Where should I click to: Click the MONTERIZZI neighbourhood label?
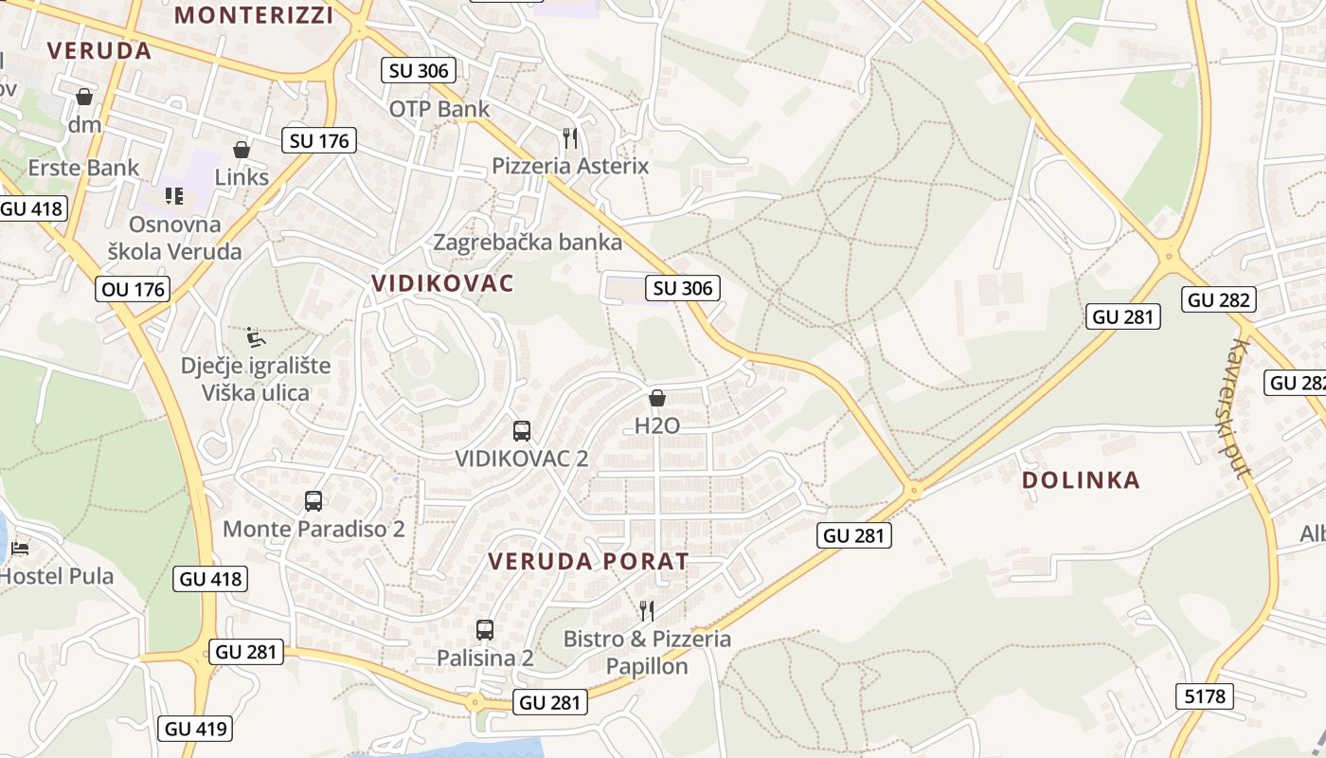pyautogui.click(x=255, y=15)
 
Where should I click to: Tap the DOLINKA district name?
pyautogui.click(x=1081, y=480)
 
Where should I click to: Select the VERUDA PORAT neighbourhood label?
pyautogui.click(x=588, y=561)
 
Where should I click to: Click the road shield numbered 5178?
pyautogui.click(x=1205, y=696)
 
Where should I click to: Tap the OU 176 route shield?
pyautogui.click(x=132, y=289)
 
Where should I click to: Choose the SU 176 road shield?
pyautogui.click(x=319, y=141)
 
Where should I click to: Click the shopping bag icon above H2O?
pyautogui.click(x=657, y=398)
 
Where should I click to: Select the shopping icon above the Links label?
pyautogui.click(x=242, y=150)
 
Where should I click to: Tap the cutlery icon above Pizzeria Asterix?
pyautogui.click(x=569, y=138)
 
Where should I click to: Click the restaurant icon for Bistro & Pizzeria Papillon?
pyautogui.click(x=647, y=610)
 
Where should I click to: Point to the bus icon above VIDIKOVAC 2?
pyautogui.click(x=521, y=431)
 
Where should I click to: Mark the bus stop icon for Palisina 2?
pyautogui.click(x=485, y=629)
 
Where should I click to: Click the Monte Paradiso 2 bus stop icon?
pyautogui.click(x=314, y=501)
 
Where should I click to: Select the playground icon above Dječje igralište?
pyautogui.click(x=256, y=336)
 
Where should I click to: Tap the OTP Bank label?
pyautogui.click(x=439, y=109)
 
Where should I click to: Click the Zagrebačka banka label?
pyautogui.click(x=528, y=243)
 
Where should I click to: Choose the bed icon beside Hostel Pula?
pyautogui.click(x=19, y=548)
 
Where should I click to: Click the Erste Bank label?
pyautogui.click(x=83, y=169)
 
